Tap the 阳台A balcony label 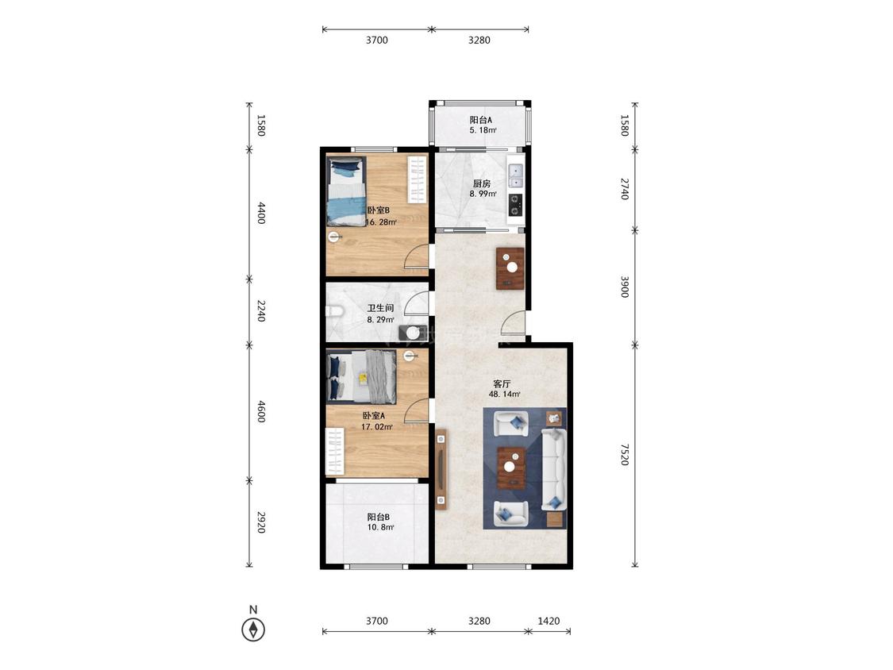point(481,120)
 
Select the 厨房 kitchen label point(482,183)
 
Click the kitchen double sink point(515,175)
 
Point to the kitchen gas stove point(515,205)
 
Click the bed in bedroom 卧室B point(346,192)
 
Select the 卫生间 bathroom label point(380,308)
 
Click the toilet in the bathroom point(333,311)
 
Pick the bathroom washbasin point(412,333)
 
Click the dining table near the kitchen point(510,268)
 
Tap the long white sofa point(552,471)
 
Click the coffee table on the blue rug point(511,468)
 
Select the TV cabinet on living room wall point(441,469)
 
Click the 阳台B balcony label point(378,518)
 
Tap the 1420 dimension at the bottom point(549,621)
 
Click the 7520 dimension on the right point(625,455)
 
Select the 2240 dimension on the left point(261,311)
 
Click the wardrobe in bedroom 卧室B point(417,179)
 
